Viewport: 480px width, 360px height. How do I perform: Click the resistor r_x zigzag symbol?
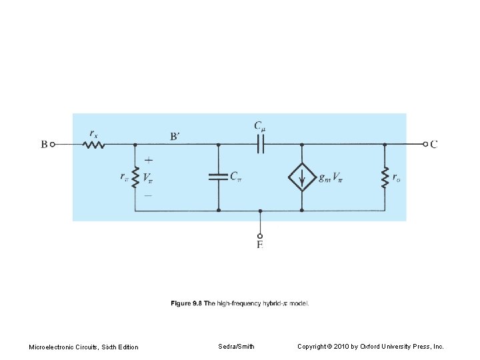click(x=94, y=144)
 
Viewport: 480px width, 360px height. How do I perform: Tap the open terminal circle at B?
click(x=54, y=144)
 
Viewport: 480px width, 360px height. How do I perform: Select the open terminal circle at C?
click(x=425, y=144)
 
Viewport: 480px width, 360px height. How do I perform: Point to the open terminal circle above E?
click(x=260, y=235)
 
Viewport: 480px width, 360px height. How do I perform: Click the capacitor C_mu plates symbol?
click(x=260, y=144)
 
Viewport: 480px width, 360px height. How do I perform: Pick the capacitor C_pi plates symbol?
click(x=219, y=177)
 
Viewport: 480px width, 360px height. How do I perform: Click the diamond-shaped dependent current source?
click(x=302, y=177)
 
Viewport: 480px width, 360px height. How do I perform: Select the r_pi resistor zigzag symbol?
click(x=135, y=177)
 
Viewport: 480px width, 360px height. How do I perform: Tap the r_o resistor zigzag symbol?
click(x=385, y=177)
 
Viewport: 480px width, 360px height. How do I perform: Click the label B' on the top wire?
click(x=175, y=137)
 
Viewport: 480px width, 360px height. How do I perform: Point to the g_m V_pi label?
click(x=332, y=177)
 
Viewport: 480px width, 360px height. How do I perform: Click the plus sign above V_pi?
click(x=148, y=161)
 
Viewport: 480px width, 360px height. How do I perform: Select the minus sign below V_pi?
click(x=148, y=195)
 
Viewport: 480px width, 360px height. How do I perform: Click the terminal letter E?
click(x=260, y=245)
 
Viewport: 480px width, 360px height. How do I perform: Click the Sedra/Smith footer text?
click(x=236, y=347)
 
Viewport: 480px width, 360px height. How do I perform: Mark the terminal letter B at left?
click(x=44, y=144)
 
